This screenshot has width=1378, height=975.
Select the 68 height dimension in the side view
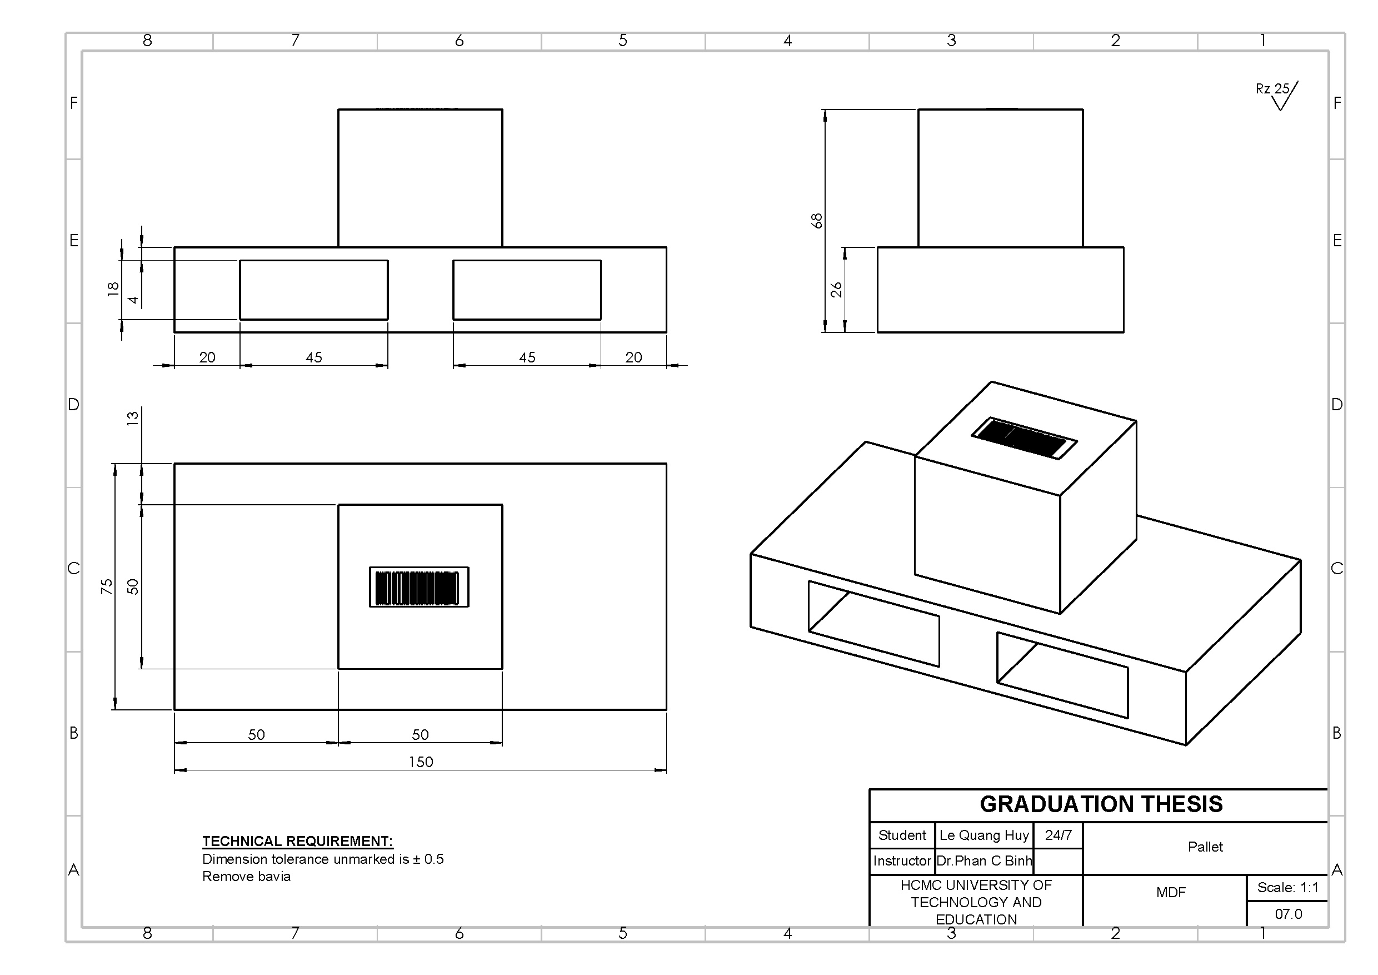(816, 220)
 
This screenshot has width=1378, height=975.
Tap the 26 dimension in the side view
(836, 290)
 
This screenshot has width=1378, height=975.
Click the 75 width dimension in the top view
(106, 586)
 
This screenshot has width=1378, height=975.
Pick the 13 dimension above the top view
(133, 417)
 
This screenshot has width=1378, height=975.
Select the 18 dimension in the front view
(113, 289)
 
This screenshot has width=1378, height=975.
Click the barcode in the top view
(418, 587)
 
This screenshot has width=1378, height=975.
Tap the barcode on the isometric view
(1023, 437)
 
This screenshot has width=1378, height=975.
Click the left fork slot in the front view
(313, 290)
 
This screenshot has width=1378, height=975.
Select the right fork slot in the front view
(526, 290)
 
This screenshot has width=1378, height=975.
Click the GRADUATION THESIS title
(1101, 804)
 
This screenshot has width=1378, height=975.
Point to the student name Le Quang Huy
(983, 835)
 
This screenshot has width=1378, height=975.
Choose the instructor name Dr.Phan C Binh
(983, 861)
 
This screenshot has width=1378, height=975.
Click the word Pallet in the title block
(1205, 847)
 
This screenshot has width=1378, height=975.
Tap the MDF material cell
(1170, 893)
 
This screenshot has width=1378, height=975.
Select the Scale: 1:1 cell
(1287, 887)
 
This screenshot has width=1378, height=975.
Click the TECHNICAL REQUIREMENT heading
(297, 841)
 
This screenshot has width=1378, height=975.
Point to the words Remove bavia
(246, 877)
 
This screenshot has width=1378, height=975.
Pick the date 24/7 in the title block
(1057, 835)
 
